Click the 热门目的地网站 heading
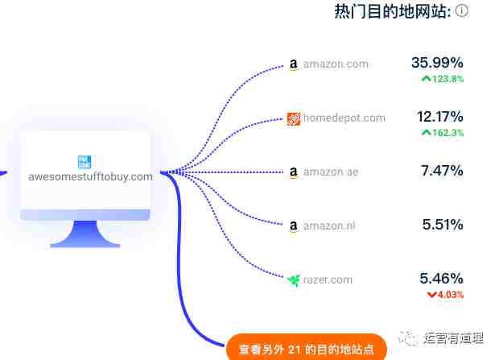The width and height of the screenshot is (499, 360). (393, 12)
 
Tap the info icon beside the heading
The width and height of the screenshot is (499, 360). (461, 10)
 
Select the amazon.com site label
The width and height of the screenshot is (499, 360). (336, 64)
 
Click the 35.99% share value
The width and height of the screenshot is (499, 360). (437, 63)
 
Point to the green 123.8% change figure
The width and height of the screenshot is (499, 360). (443, 78)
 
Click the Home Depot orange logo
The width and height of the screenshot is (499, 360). (294, 119)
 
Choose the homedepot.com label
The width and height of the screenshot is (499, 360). (344, 118)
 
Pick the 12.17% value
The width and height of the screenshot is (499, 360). (439, 117)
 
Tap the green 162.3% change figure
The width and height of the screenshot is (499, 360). (443, 133)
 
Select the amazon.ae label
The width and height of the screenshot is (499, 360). (331, 172)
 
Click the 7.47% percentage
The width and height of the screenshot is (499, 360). (442, 171)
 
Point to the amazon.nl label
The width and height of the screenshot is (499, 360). (329, 226)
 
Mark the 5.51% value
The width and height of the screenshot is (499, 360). (443, 225)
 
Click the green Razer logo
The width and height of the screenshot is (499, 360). (294, 280)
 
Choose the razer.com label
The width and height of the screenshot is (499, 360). (328, 279)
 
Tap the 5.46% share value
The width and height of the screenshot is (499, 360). (441, 279)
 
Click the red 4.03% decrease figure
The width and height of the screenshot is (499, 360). (446, 295)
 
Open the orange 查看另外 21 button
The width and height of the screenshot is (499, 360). (307, 347)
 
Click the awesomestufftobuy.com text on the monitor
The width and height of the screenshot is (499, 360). (91, 176)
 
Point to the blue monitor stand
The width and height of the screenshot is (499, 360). (85, 234)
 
